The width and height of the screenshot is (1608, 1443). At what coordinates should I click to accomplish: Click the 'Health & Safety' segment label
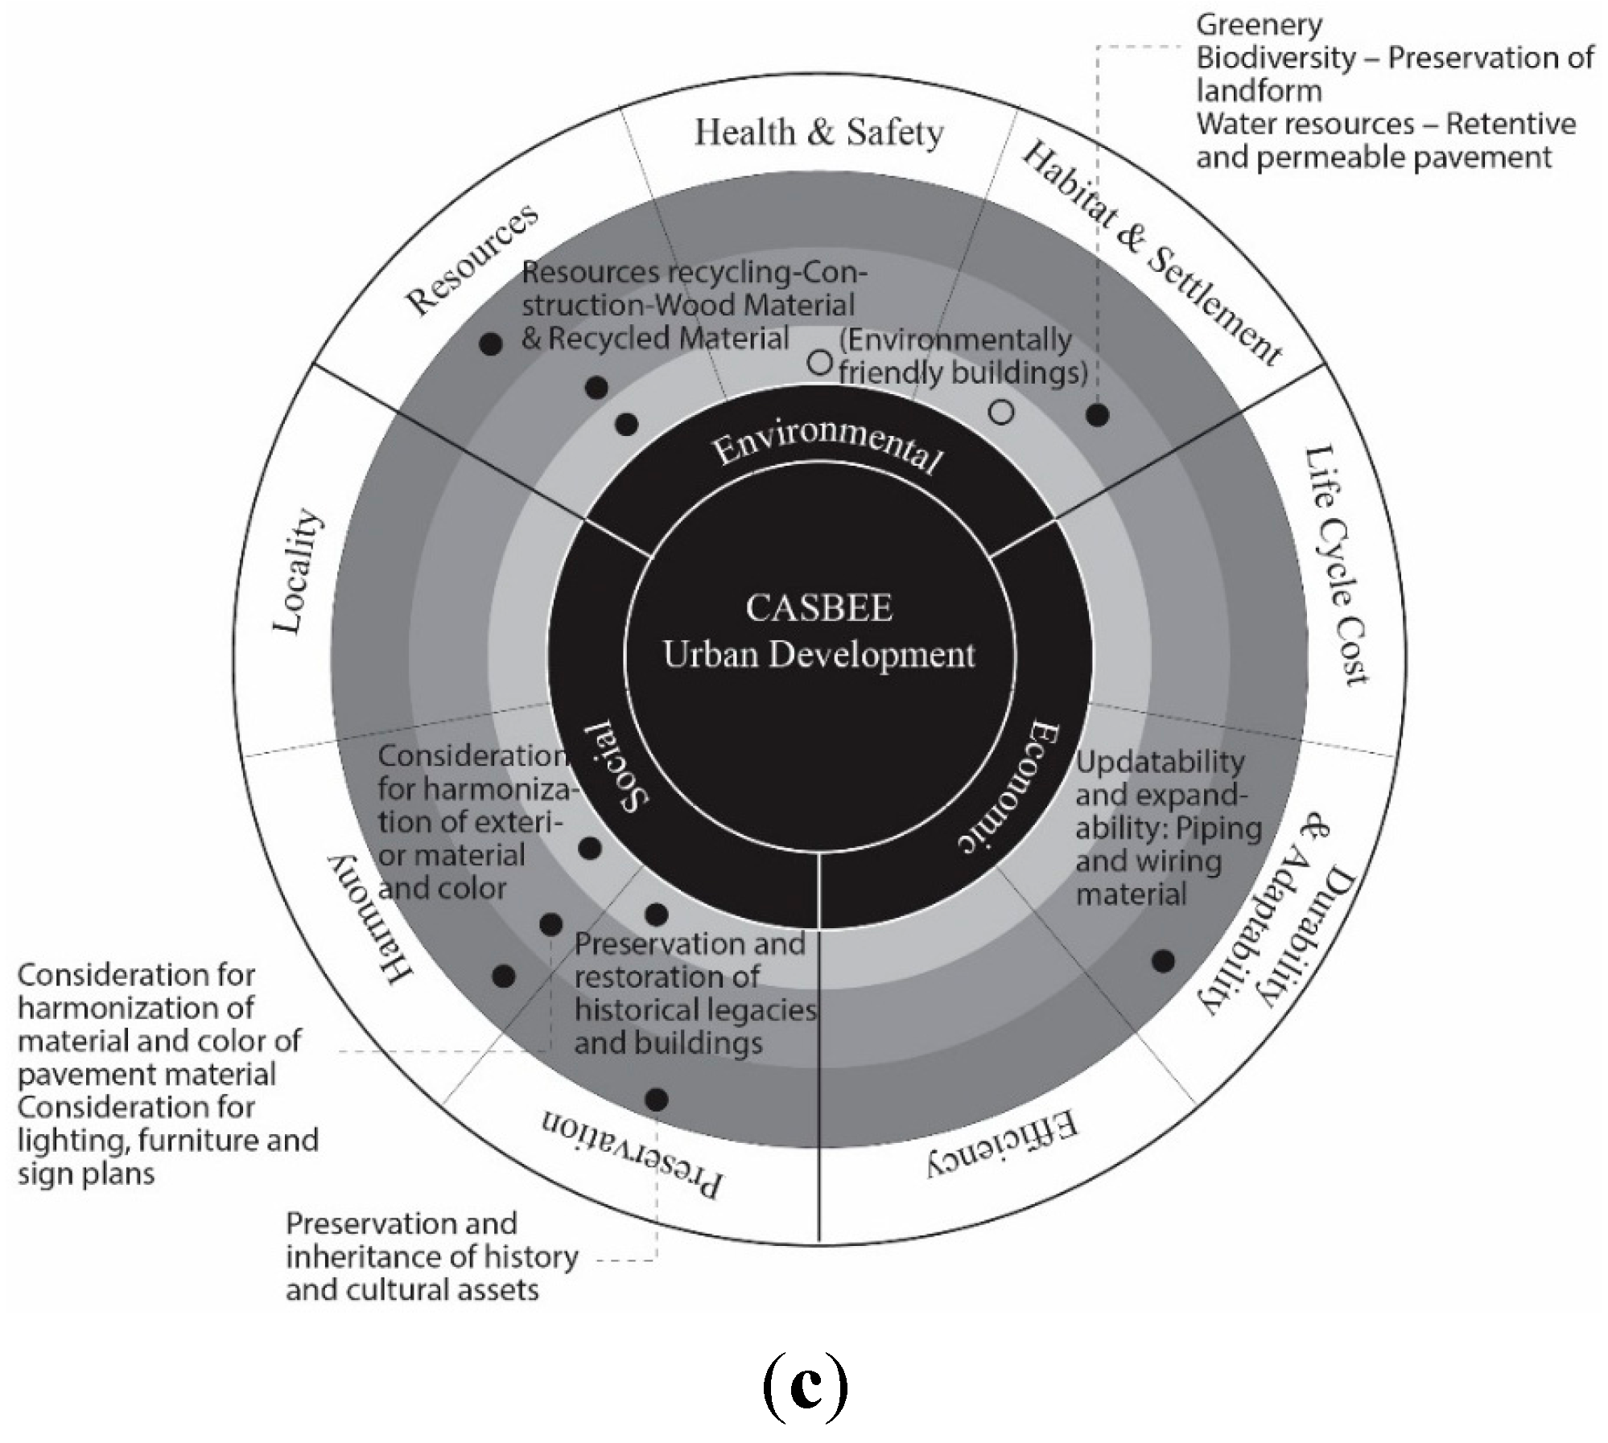[818, 133]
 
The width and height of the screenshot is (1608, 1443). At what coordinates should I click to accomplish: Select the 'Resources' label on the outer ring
[472, 259]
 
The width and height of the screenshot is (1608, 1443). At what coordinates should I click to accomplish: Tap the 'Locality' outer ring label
[298, 571]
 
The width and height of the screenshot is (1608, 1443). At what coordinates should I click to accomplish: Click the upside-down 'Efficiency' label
[1001, 1143]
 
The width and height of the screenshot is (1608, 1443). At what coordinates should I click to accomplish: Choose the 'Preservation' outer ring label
[631, 1155]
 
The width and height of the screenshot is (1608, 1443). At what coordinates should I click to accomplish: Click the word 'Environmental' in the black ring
[827, 446]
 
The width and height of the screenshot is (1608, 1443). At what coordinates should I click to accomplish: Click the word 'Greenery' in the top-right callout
[1259, 25]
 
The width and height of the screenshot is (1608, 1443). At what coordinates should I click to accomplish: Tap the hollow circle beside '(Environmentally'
[819, 362]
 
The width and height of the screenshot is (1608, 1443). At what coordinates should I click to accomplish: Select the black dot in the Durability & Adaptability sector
[1162, 960]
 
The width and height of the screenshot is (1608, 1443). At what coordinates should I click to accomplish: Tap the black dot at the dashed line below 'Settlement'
[1097, 415]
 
